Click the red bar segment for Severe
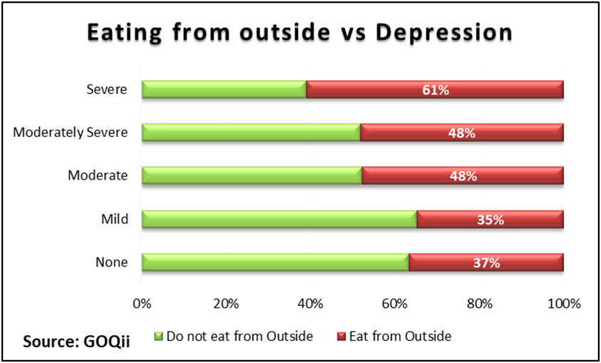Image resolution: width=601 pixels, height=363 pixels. tap(435, 90)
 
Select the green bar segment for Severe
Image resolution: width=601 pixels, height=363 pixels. tap(224, 90)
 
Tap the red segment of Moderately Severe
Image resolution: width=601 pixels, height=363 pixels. tap(462, 133)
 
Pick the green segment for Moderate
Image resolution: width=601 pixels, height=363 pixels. tap(252, 175)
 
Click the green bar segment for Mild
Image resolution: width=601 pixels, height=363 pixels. tap(279, 219)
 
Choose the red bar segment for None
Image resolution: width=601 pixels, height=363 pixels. tap(486, 262)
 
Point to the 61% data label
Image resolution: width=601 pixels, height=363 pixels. tap(435, 91)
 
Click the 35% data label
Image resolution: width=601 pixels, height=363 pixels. tap(490, 220)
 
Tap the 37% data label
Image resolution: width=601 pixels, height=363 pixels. tap(486, 263)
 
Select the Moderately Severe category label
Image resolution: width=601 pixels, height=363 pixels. tap(71, 133)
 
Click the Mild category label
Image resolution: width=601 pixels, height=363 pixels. tap(115, 219)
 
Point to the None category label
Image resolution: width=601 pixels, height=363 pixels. tap(111, 262)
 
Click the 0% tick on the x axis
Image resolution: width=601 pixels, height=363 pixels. tap(142, 304)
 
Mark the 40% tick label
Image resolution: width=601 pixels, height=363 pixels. tap(311, 304)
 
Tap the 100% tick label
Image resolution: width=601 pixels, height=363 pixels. tap(564, 304)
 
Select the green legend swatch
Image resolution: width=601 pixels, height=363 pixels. tap(159, 337)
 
